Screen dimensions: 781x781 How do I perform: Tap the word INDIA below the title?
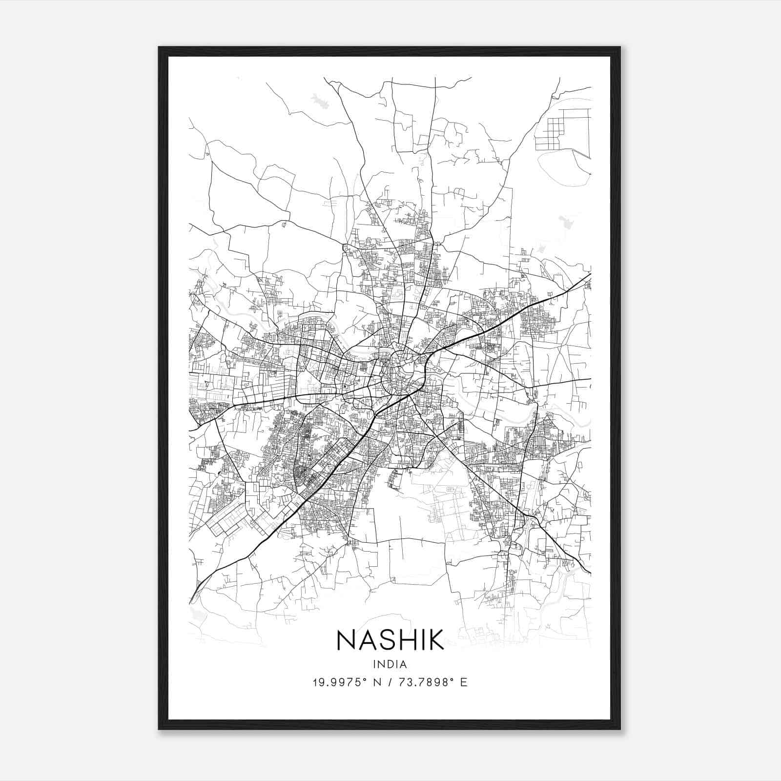pos(390,664)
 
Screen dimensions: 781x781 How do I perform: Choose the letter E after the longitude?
pos(463,682)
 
